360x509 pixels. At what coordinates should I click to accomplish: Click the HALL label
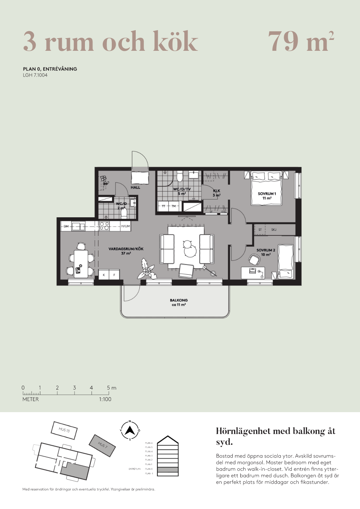click(135, 188)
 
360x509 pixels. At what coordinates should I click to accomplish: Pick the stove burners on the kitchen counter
click(104, 226)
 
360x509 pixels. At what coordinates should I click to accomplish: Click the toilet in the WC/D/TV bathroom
click(180, 177)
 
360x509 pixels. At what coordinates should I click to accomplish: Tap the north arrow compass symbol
click(130, 431)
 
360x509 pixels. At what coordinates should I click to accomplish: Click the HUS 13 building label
click(64, 430)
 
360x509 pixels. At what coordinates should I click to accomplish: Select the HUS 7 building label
click(103, 445)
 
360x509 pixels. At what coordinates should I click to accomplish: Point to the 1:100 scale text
click(105, 399)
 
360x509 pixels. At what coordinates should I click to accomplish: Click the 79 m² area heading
click(301, 41)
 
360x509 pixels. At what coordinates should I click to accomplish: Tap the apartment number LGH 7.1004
click(35, 75)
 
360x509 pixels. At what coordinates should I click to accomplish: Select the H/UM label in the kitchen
click(126, 226)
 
